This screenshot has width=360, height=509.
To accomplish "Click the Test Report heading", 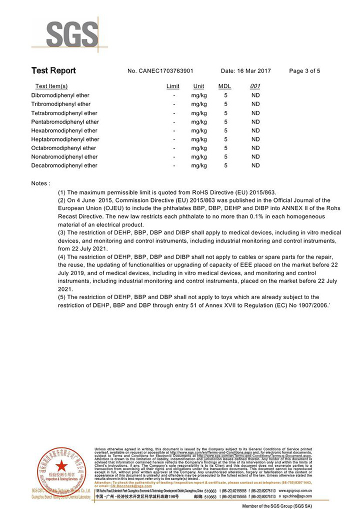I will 53,70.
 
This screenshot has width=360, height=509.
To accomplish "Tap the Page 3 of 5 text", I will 304,71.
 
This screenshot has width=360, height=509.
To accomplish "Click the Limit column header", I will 173,86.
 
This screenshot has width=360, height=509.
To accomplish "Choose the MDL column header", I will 225,86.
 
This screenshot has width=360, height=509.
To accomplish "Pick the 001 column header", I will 255,86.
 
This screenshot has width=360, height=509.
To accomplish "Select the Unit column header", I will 198,86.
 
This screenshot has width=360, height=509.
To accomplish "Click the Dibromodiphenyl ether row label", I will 60,95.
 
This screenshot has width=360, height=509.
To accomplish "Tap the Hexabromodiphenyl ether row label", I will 64,130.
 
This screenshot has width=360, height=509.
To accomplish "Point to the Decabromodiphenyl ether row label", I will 64,165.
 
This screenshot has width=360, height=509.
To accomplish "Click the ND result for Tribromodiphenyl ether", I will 255,104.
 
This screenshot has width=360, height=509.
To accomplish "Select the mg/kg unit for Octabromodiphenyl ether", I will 199,148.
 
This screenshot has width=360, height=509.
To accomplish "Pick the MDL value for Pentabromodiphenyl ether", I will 226,121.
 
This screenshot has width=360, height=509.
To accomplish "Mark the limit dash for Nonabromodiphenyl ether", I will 174,157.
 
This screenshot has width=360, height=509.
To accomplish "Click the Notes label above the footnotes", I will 40,183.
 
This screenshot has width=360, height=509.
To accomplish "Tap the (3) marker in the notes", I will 62,233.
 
